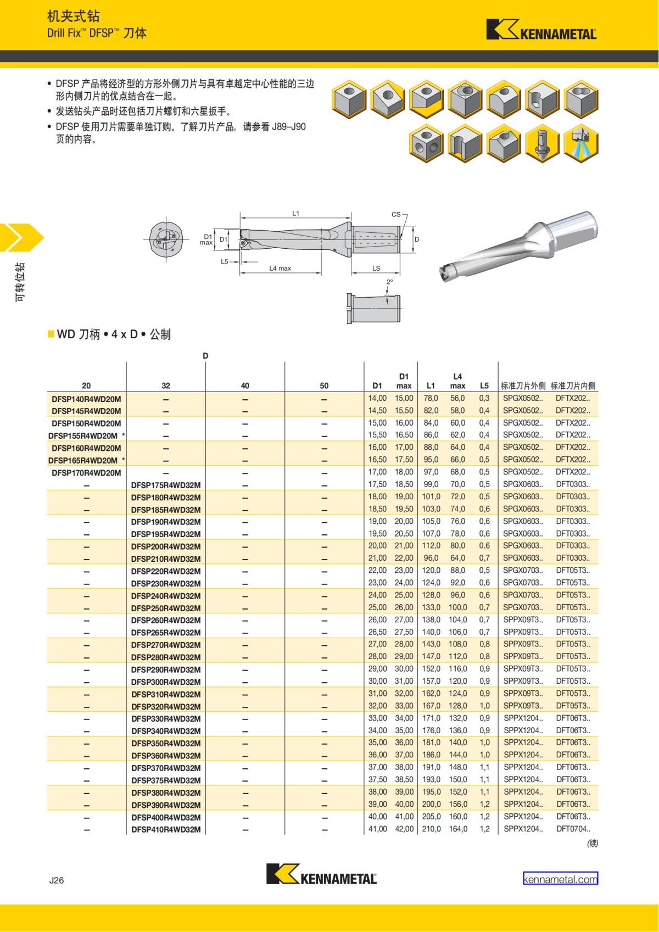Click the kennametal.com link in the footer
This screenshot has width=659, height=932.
point(560,879)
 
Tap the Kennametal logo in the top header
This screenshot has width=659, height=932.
point(541,30)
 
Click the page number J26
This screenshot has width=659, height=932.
point(57,880)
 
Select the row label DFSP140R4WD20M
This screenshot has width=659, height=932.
point(86,399)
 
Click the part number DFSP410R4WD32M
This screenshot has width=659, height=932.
point(166,830)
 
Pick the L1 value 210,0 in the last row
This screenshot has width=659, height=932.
point(431,829)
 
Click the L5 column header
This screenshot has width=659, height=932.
point(484,386)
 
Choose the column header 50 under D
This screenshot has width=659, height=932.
point(324,386)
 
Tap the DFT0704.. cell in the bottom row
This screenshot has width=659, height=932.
point(573,829)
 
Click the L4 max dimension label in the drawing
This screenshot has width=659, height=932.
point(280,269)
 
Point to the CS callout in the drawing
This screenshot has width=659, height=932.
point(396,215)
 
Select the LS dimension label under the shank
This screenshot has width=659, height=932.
point(376,269)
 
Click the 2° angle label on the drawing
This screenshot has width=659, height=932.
point(389,282)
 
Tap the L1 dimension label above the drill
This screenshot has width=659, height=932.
point(295,213)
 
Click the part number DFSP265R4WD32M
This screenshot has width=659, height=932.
point(166,633)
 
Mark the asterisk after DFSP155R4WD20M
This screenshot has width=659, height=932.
point(124,436)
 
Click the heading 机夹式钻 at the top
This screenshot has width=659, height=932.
point(73,16)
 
